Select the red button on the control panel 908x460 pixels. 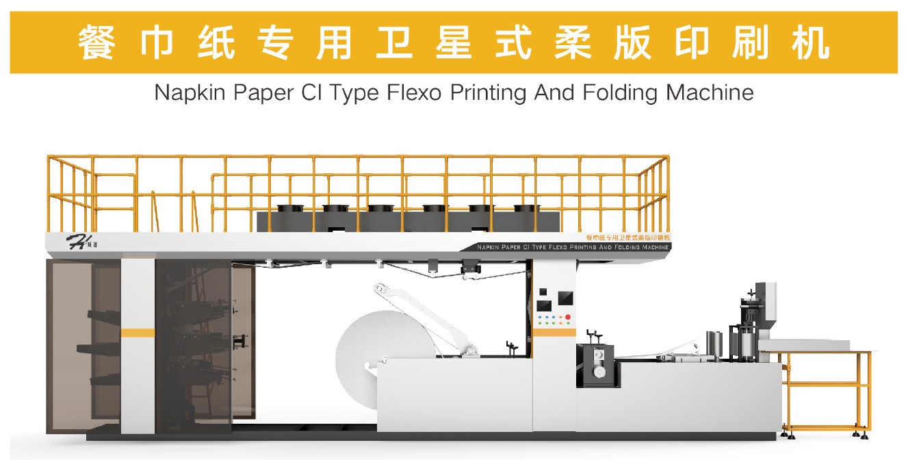(567, 318)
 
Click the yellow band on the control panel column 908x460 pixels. (554, 332)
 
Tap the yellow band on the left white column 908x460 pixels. (138, 333)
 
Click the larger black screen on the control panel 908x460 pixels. (566, 298)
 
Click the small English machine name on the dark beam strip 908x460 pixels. (573, 246)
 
